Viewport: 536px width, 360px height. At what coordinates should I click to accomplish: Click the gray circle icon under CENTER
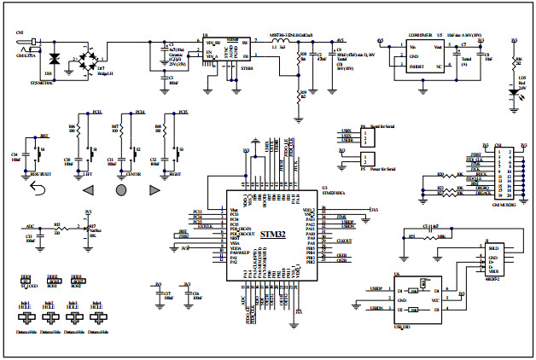click(120, 189)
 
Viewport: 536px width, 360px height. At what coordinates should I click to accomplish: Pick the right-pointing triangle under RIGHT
click(154, 189)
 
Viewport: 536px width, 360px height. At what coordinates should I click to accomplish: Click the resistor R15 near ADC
click(58, 229)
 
